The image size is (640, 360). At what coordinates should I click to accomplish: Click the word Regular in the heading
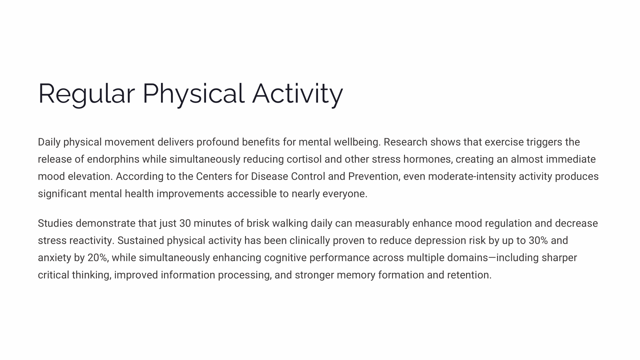click(x=86, y=94)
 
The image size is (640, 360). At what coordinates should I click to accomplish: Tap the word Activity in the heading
click(x=298, y=94)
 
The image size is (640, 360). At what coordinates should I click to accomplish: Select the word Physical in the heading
click(x=193, y=94)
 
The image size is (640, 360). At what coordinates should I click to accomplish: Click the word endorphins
click(x=113, y=159)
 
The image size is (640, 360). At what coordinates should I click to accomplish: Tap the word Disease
click(x=269, y=176)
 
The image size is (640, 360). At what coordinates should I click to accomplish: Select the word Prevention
click(x=374, y=177)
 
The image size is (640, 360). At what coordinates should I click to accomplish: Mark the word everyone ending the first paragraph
click(x=345, y=194)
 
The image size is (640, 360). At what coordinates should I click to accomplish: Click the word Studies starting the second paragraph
click(x=55, y=223)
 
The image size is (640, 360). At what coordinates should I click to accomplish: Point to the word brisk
click(x=258, y=223)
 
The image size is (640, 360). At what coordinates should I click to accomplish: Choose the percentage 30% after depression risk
click(x=538, y=241)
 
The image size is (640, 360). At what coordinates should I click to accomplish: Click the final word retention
click(x=469, y=275)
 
